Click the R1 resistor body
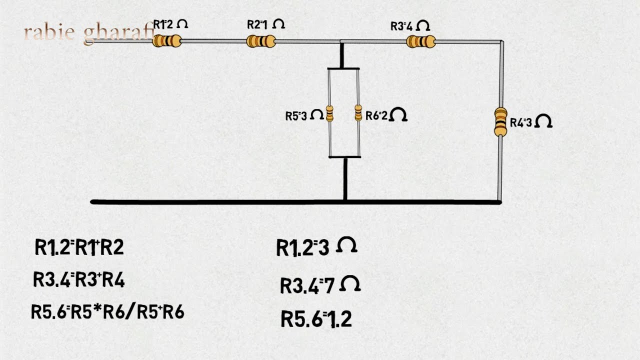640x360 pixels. [167, 41]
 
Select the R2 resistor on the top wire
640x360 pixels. [261, 41]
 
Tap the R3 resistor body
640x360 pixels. [421, 41]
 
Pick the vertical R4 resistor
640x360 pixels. [500, 121]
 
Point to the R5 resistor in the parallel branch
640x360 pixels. [329, 113]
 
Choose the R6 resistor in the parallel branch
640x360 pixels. [358, 113]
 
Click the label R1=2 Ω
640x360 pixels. [170, 24]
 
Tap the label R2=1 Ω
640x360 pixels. [266, 24]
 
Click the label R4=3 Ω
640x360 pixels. [531, 122]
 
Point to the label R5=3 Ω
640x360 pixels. [304, 115]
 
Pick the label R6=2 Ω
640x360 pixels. [386, 115]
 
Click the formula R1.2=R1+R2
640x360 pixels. [79, 247]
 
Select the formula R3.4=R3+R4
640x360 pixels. [79, 279]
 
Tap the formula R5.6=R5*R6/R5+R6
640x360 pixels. [107, 311]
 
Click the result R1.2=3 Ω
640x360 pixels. [317, 247]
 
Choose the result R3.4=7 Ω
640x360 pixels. [320, 285]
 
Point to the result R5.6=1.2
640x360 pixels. [316, 319]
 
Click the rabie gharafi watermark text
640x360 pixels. [89, 33]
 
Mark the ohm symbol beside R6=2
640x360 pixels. [398, 114]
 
